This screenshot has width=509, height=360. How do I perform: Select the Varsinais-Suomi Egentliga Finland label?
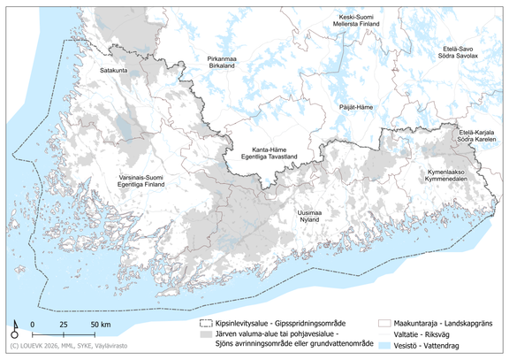pyautogui.click(x=144, y=181)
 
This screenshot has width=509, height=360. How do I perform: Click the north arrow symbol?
pyautogui.click(x=16, y=329)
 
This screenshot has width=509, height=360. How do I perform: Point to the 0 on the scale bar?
pyautogui.click(x=32, y=326)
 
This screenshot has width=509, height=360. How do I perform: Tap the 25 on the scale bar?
pyautogui.click(x=64, y=326)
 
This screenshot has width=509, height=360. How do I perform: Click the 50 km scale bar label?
pyautogui.click(x=100, y=326)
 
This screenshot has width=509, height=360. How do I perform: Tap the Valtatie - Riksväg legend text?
pyautogui.click(x=428, y=336)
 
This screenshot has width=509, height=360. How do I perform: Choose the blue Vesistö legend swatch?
pyautogui.click(x=384, y=349)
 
